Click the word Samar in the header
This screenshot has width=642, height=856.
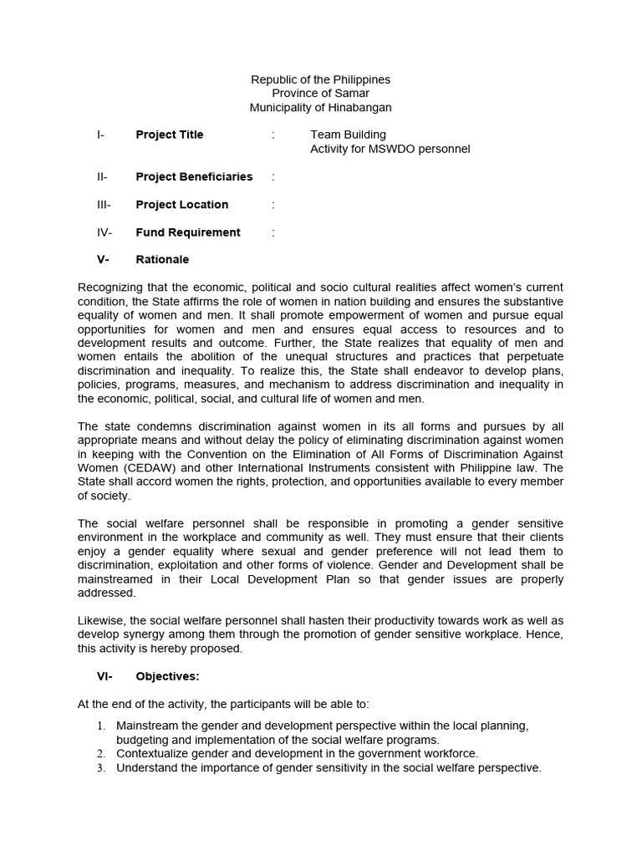point(351,94)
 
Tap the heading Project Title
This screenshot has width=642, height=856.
point(170,135)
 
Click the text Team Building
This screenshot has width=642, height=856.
point(348,135)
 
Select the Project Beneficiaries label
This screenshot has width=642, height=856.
point(194,176)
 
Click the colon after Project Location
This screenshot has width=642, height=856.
point(273,205)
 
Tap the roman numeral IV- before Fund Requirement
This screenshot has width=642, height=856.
point(104,232)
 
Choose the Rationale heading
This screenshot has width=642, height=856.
point(162,260)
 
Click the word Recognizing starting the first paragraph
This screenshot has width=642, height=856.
point(110,288)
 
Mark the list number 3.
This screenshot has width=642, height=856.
point(101,768)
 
